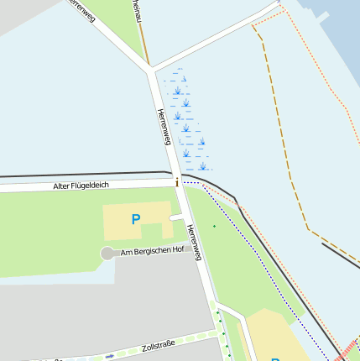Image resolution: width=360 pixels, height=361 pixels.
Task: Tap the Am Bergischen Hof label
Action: [152, 252]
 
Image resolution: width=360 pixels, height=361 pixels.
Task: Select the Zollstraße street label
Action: [158, 346]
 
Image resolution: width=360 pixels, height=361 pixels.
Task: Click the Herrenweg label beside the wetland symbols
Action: [164, 126]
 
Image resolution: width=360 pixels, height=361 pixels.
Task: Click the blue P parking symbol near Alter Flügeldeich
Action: [135, 220]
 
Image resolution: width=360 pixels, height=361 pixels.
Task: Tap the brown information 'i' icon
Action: [176, 182]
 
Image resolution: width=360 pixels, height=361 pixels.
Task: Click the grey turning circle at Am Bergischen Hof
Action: [107, 254]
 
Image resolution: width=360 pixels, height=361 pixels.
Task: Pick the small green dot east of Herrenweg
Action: [214, 225]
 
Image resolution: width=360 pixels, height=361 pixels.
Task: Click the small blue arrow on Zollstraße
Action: [109, 356]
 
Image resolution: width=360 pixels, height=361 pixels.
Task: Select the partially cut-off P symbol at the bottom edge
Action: [275, 358]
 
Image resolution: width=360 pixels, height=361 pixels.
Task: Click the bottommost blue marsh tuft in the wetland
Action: [202, 165]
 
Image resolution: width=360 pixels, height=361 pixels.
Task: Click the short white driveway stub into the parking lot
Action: [175, 218]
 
